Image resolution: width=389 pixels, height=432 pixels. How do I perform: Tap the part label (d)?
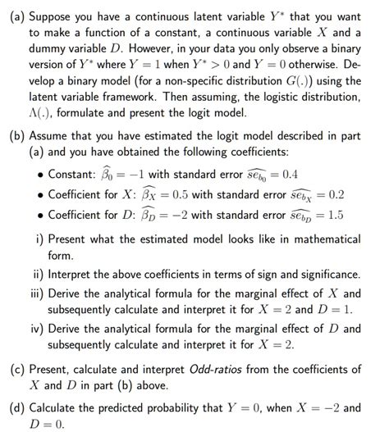pyautogui.click(x=15, y=407)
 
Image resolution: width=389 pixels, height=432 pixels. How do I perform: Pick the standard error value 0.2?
pyautogui.click(x=336, y=195)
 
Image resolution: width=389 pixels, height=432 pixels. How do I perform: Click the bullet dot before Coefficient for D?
pyautogui.click(x=40, y=216)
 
